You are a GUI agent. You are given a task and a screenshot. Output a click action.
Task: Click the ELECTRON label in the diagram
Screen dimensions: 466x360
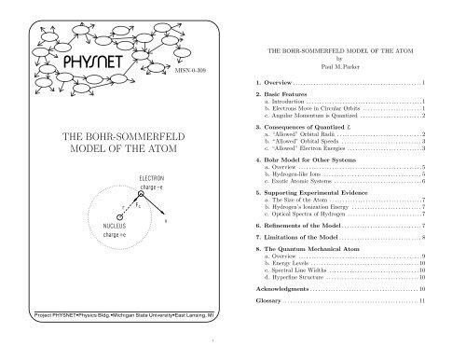click(150, 177)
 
